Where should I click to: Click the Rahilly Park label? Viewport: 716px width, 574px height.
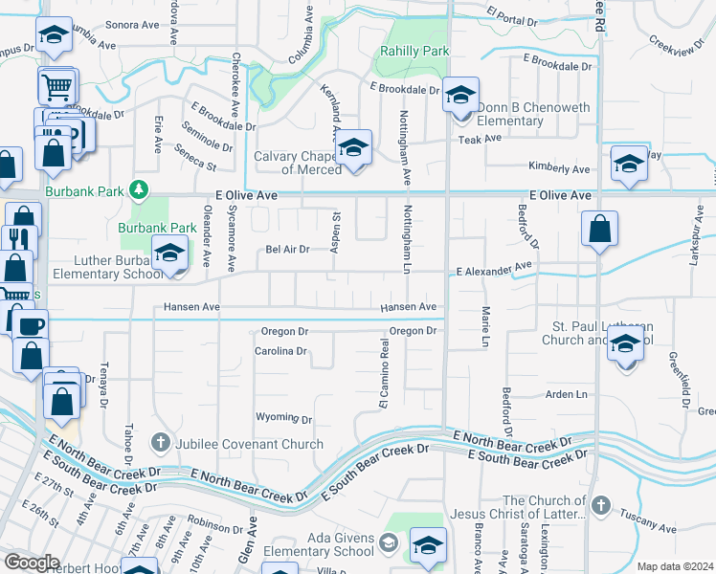[x=411, y=53]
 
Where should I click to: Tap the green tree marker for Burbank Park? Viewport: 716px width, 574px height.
[x=140, y=190]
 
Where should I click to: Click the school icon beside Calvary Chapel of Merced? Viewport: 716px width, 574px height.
[x=353, y=148]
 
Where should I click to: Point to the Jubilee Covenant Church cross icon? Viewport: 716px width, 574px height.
[x=160, y=443]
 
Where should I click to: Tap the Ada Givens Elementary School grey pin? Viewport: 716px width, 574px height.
[x=389, y=543]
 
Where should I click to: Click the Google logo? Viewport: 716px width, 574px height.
[x=32, y=563]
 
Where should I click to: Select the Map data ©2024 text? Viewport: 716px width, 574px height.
[x=676, y=566]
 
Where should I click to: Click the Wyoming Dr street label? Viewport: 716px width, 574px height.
[x=283, y=419]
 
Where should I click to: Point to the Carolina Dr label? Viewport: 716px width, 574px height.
[x=280, y=351]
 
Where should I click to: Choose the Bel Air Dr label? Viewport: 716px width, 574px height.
[x=287, y=250]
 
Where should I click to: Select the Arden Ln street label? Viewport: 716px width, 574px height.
[x=566, y=394]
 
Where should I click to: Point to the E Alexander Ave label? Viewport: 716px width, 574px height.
[x=493, y=270]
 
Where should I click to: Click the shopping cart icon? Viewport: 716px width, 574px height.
[x=56, y=87]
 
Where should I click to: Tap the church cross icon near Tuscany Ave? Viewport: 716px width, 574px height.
[x=600, y=504]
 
